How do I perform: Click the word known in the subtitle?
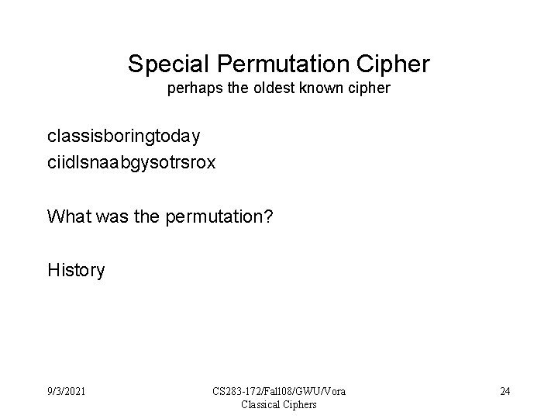click(319, 89)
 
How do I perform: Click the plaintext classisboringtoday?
click(124, 137)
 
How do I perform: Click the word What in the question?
click(67, 216)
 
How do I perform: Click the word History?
click(76, 270)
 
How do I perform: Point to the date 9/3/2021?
click(67, 390)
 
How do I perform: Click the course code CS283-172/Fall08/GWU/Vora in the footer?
click(279, 390)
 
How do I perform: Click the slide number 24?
click(505, 390)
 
